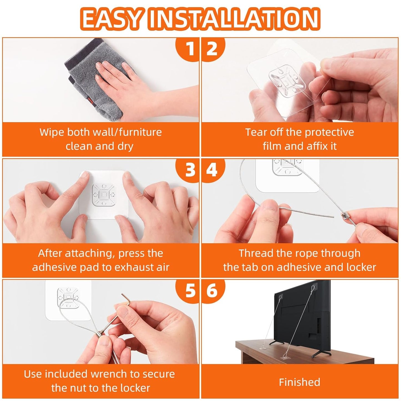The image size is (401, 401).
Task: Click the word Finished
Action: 299,382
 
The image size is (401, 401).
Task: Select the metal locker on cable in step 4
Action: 344,215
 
